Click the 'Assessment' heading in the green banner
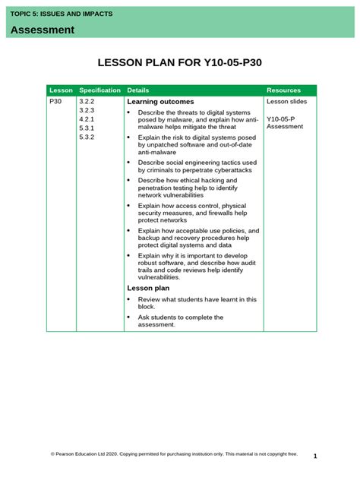point(43,30)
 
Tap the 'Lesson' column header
point(61,90)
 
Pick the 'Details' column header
point(138,90)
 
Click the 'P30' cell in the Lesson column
point(55,101)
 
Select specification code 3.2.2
point(86,101)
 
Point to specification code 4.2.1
point(86,119)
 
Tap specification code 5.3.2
point(86,137)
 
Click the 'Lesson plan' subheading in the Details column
point(148,288)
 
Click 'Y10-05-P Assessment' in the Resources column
point(285,123)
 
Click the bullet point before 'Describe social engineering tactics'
point(129,163)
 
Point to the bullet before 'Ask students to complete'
point(129,317)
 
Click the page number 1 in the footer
point(314,456)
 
